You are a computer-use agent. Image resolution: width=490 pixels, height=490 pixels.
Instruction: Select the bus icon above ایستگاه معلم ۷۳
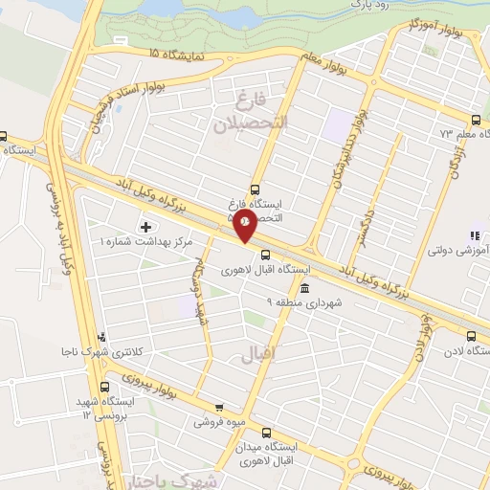tap(476, 120)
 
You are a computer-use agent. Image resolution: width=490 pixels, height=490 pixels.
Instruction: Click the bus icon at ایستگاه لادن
tap(471, 336)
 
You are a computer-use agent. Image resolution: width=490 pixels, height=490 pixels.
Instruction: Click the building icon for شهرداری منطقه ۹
tap(304, 288)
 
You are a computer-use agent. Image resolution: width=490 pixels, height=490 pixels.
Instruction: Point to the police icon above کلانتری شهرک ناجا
tap(102, 337)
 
